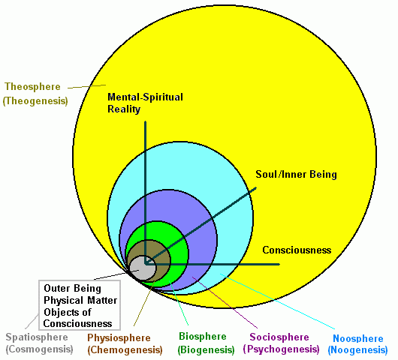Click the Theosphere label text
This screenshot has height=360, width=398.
coord(32,87)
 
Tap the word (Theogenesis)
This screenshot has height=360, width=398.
coord(35,101)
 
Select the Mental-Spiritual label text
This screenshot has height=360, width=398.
coord(145,97)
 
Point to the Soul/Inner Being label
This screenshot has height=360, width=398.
coord(296,175)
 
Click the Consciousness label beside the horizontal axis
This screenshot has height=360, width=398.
coord(297,250)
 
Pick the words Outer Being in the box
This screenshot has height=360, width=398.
coord(72,289)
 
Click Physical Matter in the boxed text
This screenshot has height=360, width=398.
coord(80,301)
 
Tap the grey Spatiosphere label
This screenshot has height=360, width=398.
coord(37,337)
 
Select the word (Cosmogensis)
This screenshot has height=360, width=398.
coord(39,349)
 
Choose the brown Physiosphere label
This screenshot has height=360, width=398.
coord(119,338)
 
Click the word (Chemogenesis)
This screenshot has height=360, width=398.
coord(125,350)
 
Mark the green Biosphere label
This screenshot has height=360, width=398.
coord(203,337)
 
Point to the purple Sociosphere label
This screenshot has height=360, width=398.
coord(279,337)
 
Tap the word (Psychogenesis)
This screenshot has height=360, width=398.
coord(282,349)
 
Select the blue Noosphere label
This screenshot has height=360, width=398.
coord(358,338)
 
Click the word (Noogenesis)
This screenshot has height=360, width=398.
coord(357,350)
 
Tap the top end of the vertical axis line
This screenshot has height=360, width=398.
coord(146,122)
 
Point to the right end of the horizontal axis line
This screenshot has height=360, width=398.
coord(279,265)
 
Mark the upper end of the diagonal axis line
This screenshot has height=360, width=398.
coord(256,188)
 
